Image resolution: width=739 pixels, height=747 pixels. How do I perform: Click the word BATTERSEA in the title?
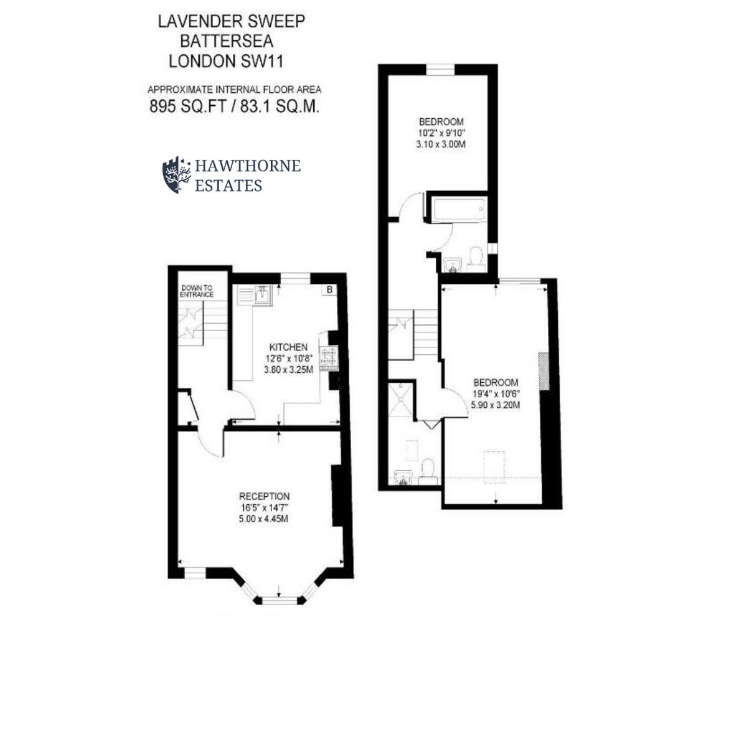click(x=227, y=41)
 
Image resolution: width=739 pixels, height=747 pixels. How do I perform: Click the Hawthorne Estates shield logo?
click(x=177, y=175)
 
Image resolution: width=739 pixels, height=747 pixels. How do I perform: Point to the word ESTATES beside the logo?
click(x=228, y=186)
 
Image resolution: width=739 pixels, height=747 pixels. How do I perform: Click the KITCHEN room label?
click(x=288, y=347)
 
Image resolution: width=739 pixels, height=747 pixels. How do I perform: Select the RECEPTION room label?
click(x=264, y=496)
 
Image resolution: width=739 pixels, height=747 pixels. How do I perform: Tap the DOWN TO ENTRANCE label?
click(x=197, y=291)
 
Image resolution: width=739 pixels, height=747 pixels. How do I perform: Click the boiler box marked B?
click(x=329, y=289)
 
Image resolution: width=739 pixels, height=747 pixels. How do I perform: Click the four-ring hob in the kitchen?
click(x=329, y=357)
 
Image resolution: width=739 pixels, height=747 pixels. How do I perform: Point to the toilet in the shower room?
click(x=428, y=470)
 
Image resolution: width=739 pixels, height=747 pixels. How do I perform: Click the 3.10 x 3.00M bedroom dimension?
click(x=441, y=144)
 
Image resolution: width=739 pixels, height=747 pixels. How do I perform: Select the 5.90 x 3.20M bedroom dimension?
click(x=496, y=405)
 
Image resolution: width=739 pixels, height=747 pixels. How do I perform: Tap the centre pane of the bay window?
click(x=280, y=599)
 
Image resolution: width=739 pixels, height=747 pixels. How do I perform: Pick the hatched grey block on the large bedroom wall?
click(x=544, y=372)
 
